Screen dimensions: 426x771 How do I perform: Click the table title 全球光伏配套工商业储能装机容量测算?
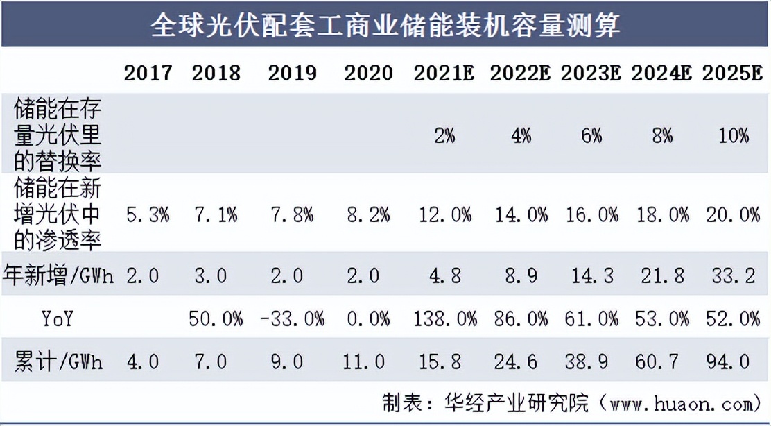[385, 26]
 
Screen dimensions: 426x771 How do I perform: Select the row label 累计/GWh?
[58, 361]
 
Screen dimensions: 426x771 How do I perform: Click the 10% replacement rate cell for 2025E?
[733, 135]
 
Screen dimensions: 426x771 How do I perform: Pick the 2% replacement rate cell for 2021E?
[444, 135]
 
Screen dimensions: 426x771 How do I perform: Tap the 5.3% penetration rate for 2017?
[148, 215]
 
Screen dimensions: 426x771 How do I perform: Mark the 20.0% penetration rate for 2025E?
[733, 215]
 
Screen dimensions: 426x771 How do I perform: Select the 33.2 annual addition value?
[733, 275]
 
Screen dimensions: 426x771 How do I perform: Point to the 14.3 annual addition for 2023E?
[591, 275]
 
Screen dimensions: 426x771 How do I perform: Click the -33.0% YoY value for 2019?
[292, 318]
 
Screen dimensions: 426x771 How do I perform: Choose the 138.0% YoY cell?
[444, 318]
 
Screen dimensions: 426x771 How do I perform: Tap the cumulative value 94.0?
[733, 361]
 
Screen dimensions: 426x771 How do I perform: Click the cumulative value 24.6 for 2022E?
[519, 361]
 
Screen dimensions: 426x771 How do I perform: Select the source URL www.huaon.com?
[678, 403]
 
